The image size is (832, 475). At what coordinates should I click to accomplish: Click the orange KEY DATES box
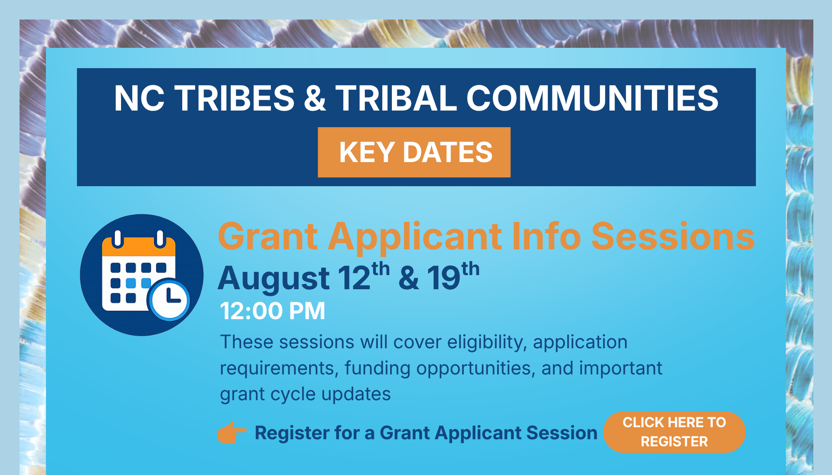click(x=414, y=152)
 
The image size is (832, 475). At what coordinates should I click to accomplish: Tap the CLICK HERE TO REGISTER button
click(x=674, y=432)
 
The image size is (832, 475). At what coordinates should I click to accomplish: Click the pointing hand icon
click(x=232, y=432)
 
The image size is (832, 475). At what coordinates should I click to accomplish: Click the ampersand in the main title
click(x=315, y=98)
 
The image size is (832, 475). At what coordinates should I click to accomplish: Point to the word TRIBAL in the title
click(x=396, y=98)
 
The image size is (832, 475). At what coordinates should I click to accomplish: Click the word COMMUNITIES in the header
click(x=592, y=98)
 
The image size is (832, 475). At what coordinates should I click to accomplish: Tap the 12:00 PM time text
click(x=272, y=310)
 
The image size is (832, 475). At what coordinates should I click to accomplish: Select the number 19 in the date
click(x=444, y=277)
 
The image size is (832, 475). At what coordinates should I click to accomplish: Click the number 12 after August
click(x=354, y=277)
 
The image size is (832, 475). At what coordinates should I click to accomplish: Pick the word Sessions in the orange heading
click(x=673, y=236)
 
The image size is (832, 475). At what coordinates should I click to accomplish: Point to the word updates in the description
click(x=356, y=394)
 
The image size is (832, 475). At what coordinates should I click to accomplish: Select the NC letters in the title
click(x=139, y=98)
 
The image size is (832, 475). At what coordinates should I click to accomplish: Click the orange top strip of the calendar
click(x=139, y=246)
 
